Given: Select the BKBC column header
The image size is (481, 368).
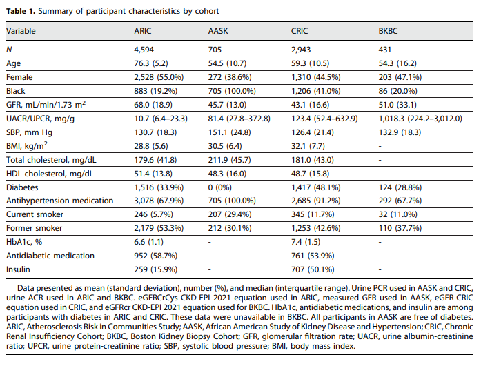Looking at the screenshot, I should click(x=389, y=31).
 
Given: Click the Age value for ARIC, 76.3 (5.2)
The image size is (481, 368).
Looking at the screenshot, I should click(x=155, y=63).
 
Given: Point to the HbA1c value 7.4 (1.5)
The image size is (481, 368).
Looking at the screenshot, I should click(x=307, y=242).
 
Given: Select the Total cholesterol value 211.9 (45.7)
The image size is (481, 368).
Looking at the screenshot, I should click(x=230, y=160).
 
